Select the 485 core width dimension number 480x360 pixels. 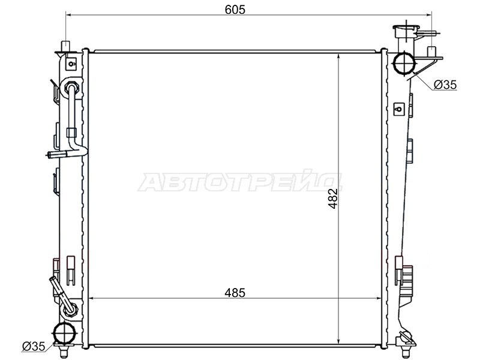(235, 293)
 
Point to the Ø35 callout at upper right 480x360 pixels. (445, 85)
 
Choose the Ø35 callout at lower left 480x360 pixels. (34, 346)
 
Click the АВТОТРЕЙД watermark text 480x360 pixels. (240, 182)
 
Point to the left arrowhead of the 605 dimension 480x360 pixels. (67, 14)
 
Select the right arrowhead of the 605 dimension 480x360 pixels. (430, 14)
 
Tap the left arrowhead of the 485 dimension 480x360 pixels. (91, 298)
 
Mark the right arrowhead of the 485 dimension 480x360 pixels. (378, 298)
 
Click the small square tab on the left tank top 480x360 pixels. (71, 62)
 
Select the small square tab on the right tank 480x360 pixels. (397, 109)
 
